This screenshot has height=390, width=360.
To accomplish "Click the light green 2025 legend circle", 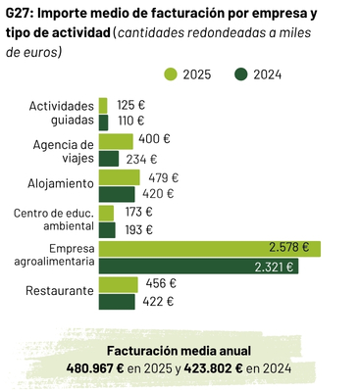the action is [x=170, y=74].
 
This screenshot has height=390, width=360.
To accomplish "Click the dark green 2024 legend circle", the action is [x=240, y=74].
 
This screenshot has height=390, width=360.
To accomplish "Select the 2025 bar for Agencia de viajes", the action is [x=116, y=141].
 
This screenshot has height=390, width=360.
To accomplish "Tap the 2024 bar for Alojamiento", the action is [x=117, y=194].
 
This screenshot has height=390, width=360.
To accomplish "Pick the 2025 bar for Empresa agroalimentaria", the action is [x=210, y=249].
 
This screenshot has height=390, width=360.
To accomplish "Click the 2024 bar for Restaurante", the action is [x=117, y=302].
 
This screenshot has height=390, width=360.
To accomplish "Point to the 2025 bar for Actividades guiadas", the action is [x=103, y=106].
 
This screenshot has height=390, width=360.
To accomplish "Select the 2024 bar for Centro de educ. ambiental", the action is [x=107, y=230].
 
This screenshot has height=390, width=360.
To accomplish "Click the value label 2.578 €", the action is [x=289, y=247].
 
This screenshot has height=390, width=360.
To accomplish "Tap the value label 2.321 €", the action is [x=274, y=268].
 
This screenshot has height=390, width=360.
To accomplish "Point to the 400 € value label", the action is [x=154, y=139].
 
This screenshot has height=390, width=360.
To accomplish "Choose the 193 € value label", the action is [x=139, y=230].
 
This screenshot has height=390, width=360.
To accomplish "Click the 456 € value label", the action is [x=161, y=283].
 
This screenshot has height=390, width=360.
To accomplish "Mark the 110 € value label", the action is [x=130, y=121].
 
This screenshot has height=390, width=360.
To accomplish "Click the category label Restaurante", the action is [x=60, y=290].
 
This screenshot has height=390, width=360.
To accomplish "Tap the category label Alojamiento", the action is [x=61, y=183].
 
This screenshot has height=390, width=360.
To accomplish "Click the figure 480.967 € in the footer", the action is [x=95, y=368].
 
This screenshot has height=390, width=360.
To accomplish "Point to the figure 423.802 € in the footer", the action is [x=213, y=368].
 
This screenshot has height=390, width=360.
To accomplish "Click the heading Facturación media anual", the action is [x=179, y=351].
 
